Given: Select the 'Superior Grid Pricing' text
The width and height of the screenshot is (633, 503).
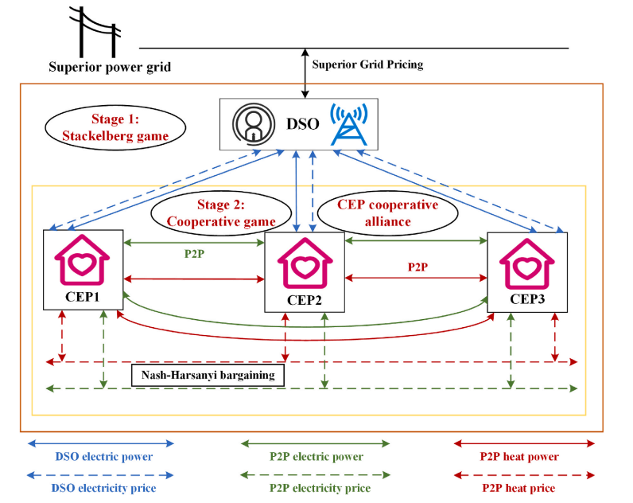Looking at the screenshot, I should (x=367, y=64).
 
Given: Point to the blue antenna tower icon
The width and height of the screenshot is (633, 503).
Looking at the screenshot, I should (x=352, y=124).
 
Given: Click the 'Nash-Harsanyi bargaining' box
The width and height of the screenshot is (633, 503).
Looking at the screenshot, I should (x=208, y=375).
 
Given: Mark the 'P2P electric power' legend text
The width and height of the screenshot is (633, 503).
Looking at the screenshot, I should (x=316, y=457).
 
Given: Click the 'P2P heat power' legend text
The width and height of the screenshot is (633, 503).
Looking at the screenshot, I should (x=519, y=457).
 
